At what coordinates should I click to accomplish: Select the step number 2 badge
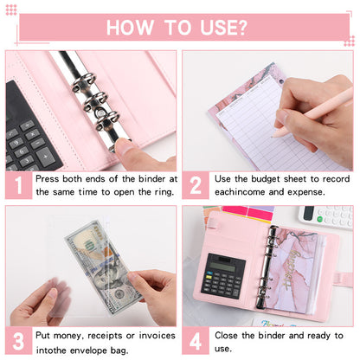point(196,185)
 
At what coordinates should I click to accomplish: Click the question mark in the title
point(244,27)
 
